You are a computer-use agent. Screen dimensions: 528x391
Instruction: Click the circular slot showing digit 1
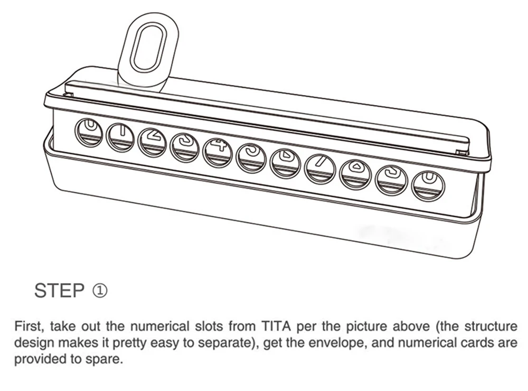[120, 136]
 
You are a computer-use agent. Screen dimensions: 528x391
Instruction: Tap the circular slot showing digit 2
[152, 142]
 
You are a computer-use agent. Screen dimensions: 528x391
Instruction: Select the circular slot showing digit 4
[218, 153]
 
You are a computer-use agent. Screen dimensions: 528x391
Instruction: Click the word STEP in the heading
[59, 291]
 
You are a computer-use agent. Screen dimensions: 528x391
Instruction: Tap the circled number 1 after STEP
[100, 291]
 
